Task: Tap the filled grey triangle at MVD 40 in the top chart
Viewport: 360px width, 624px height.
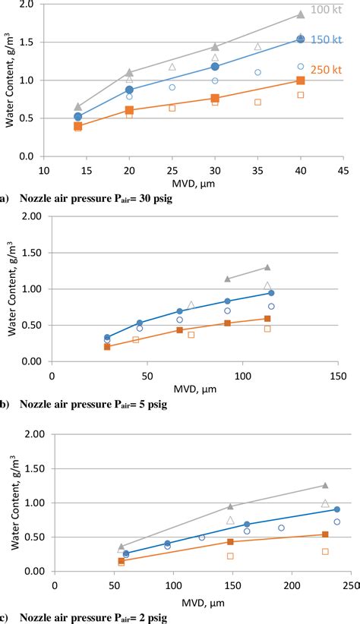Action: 301,14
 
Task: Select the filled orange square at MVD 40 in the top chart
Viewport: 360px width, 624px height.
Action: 301,80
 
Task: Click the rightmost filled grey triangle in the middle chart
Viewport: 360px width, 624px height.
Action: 267,267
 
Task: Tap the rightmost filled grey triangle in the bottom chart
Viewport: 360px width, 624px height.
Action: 325,485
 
